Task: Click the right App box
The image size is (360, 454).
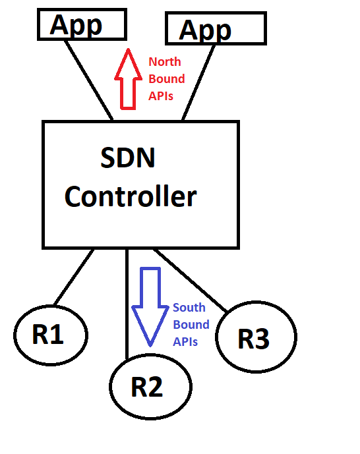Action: [215, 29]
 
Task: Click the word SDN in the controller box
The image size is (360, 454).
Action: [128, 158]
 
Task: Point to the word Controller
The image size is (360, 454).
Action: [131, 196]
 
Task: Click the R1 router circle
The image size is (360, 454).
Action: [50, 335]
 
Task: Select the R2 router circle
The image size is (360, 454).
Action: [150, 387]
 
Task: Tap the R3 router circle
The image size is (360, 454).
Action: [256, 339]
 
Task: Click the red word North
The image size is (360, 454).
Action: [164, 62]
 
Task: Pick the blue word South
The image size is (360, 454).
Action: [189, 308]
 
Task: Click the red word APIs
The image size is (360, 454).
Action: [161, 96]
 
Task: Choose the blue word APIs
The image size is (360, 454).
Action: [185, 341]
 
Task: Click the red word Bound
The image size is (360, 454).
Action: [166, 79]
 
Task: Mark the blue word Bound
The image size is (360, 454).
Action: [191, 324]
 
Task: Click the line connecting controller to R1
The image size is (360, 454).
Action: [73, 278]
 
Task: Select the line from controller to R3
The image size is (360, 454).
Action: [191, 280]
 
